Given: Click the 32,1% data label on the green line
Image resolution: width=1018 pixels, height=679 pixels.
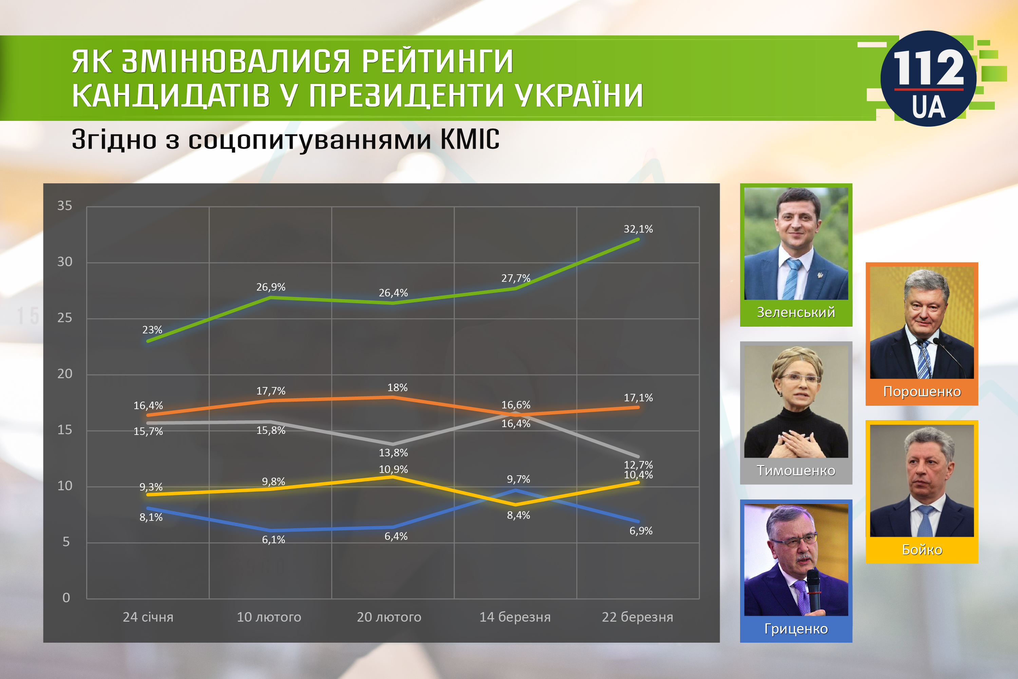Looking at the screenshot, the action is pos(638,229).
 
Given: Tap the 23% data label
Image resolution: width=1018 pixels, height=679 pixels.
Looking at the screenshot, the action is pos(152,330).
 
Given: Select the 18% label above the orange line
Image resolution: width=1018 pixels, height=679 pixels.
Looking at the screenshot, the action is pos(397,388).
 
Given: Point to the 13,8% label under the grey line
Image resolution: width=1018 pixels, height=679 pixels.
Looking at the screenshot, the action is pos(393,453).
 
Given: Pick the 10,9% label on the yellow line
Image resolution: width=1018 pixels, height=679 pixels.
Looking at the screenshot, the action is pos(393,470).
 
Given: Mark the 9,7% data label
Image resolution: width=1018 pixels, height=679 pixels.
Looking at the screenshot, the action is pos(519,479).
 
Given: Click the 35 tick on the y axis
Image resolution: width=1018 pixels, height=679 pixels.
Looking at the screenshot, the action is pos(65,206).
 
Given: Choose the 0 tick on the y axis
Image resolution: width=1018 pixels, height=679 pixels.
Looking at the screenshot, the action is pos(66,598).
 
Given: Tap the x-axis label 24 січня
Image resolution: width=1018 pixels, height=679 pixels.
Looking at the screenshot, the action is pos(148,617).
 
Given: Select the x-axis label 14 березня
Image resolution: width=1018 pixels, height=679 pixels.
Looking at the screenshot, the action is pos(515,617).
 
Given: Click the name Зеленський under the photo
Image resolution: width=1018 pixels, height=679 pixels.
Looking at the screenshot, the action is pos(796,312).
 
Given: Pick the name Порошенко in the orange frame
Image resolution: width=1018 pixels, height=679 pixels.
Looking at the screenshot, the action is pos(922,391).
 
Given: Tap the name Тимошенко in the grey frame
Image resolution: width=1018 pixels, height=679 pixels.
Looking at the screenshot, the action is pos(796,471).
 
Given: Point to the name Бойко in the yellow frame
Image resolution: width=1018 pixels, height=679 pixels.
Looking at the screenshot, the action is pos(922,550).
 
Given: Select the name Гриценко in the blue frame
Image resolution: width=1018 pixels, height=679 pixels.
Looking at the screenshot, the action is pos(796,629).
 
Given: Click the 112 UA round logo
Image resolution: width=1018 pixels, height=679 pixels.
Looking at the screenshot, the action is pos(928,78).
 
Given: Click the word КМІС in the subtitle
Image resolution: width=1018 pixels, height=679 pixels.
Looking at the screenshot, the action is pos(470,140).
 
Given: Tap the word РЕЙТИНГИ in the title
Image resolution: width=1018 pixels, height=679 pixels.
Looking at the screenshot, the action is pos(437,61).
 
